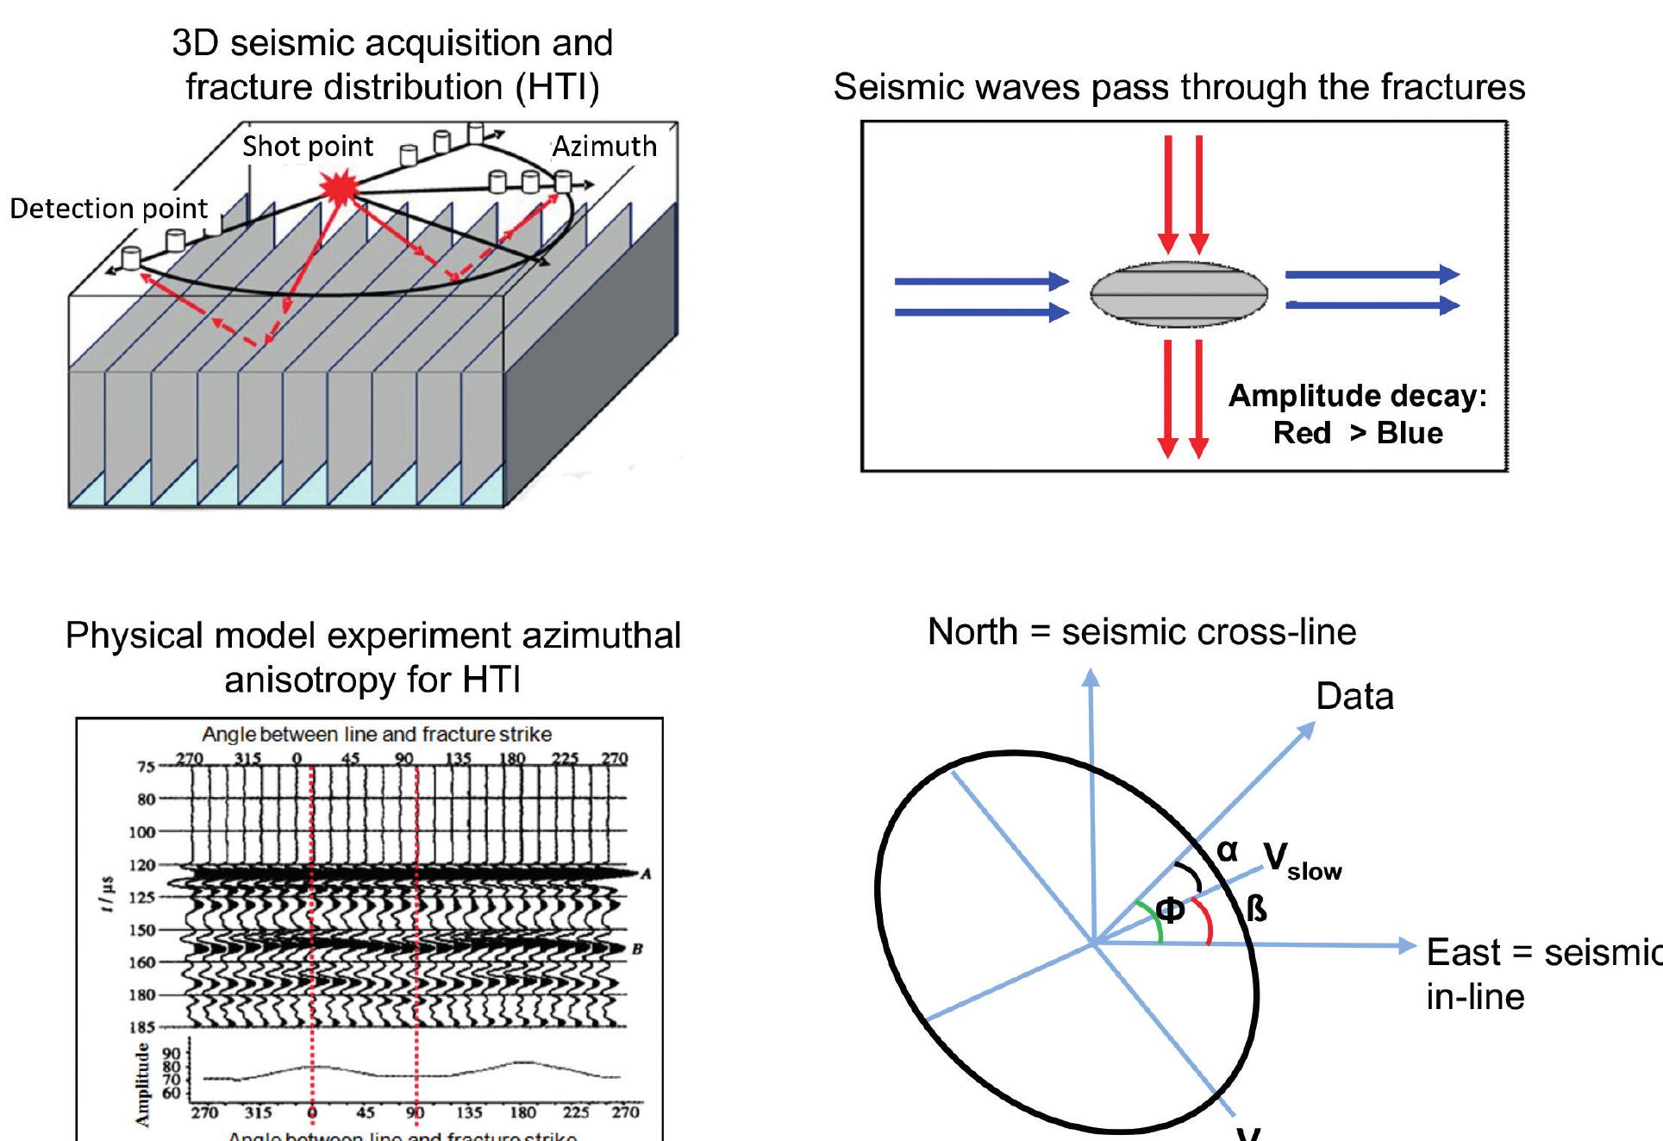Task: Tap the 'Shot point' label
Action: tap(308, 147)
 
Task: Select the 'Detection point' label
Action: tap(109, 209)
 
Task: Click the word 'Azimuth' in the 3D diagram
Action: tap(604, 147)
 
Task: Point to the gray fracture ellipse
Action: tap(1178, 294)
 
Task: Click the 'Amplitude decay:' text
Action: tap(1357, 396)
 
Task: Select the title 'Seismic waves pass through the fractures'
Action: tap(1178, 87)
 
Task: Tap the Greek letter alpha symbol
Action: tap(1227, 850)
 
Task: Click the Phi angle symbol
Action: tap(1170, 910)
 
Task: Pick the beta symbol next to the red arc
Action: tap(1257, 908)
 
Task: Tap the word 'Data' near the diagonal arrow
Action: tap(1354, 697)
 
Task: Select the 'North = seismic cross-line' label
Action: tap(1141, 632)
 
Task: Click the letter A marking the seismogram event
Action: tap(646, 874)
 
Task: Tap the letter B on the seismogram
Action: tap(637, 949)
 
